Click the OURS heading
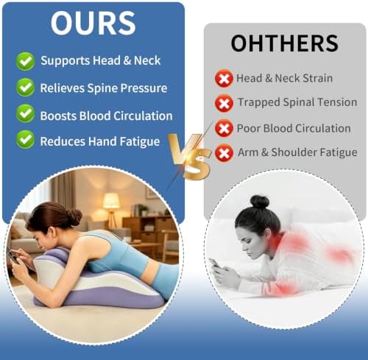click(93, 23)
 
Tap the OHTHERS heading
click(285, 43)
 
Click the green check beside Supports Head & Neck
click(25, 61)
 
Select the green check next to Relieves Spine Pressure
click(25, 88)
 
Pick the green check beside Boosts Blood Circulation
click(25, 113)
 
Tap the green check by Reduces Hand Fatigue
click(25, 139)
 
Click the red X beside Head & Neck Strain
click(224, 79)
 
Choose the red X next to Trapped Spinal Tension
click(224, 104)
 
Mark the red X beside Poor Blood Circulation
click(224, 128)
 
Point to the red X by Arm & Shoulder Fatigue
click(224, 153)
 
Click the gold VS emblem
click(189, 157)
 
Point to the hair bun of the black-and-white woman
click(260, 202)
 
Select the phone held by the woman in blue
click(14, 257)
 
